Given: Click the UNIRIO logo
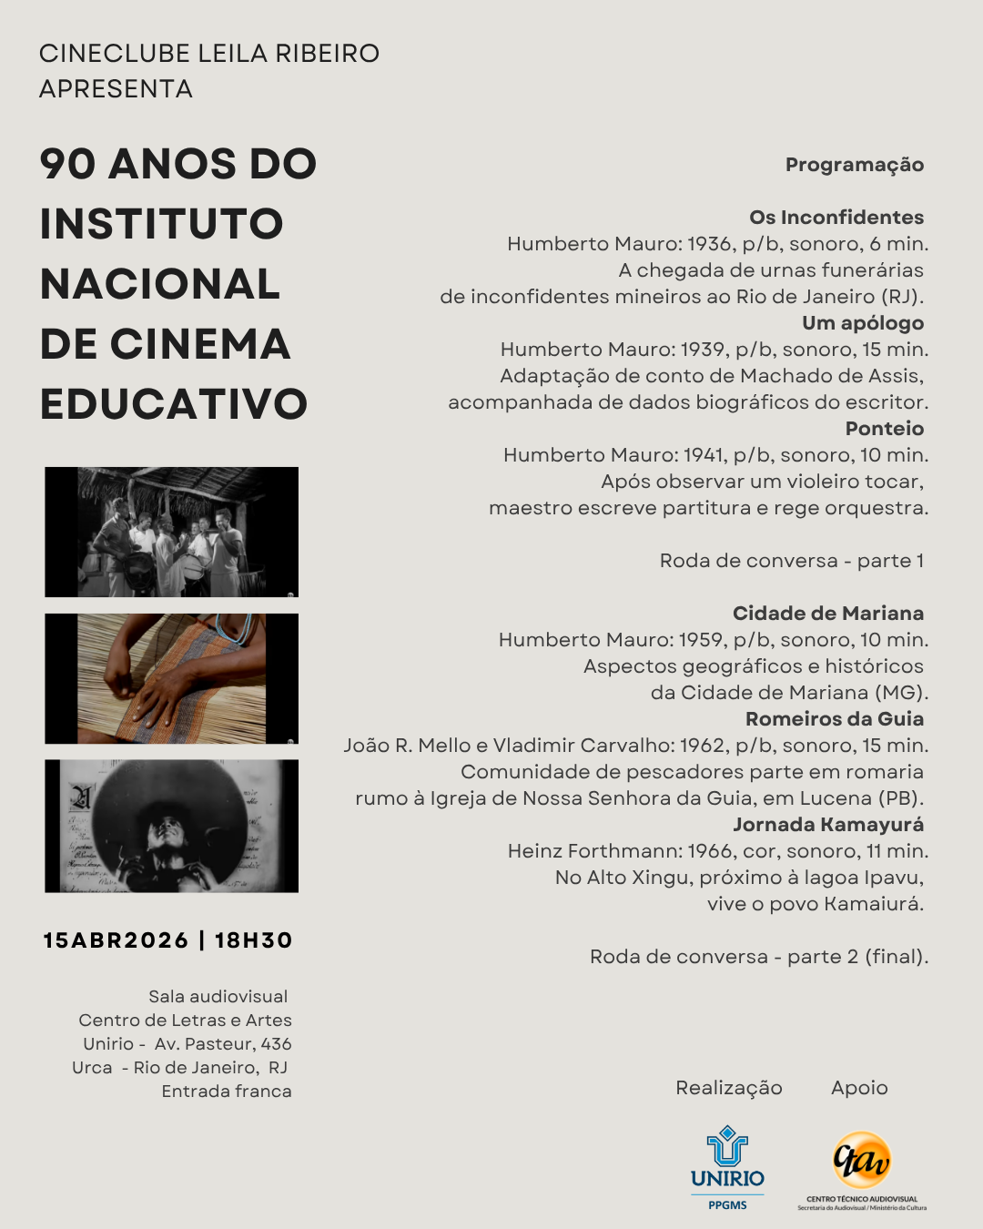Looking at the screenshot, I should (727, 1168).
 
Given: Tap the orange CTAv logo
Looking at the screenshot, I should (861, 1162).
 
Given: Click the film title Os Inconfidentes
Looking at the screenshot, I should (836, 218).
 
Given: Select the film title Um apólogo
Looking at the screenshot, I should (862, 323).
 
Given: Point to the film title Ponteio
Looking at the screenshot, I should (884, 429).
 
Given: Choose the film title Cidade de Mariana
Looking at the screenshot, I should (827, 614).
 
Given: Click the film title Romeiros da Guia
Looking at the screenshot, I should (834, 719).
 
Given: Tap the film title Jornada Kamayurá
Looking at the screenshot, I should (827, 825).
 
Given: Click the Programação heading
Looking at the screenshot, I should (854, 165).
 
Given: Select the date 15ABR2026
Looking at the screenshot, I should (116, 940).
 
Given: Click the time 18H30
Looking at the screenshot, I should (254, 940).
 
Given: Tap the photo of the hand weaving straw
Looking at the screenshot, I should (172, 679).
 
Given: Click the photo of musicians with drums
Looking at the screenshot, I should (172, 532).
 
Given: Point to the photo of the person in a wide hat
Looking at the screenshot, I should (172, 826).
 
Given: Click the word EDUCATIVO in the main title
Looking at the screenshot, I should (174, 404).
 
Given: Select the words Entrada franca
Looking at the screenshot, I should (227, 1092).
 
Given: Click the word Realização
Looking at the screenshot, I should (728, 1088).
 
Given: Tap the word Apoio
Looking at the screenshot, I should (859, 1088).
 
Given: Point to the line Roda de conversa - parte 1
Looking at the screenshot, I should (791, 561).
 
